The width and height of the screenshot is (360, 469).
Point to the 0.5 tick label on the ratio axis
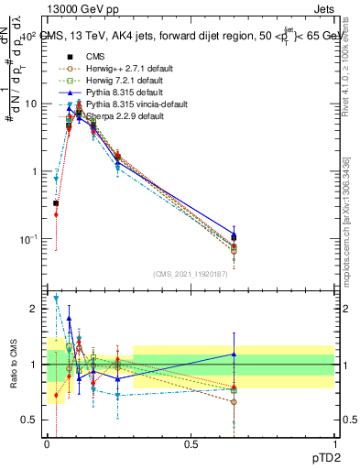coord(28,420)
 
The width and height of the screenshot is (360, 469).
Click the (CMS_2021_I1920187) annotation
coord(191,274)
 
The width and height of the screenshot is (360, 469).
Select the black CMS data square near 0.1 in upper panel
coord(80,113)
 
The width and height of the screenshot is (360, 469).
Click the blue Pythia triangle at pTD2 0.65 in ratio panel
coord(234,354)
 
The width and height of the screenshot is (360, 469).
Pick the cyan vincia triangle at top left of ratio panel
coord(56,298)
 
